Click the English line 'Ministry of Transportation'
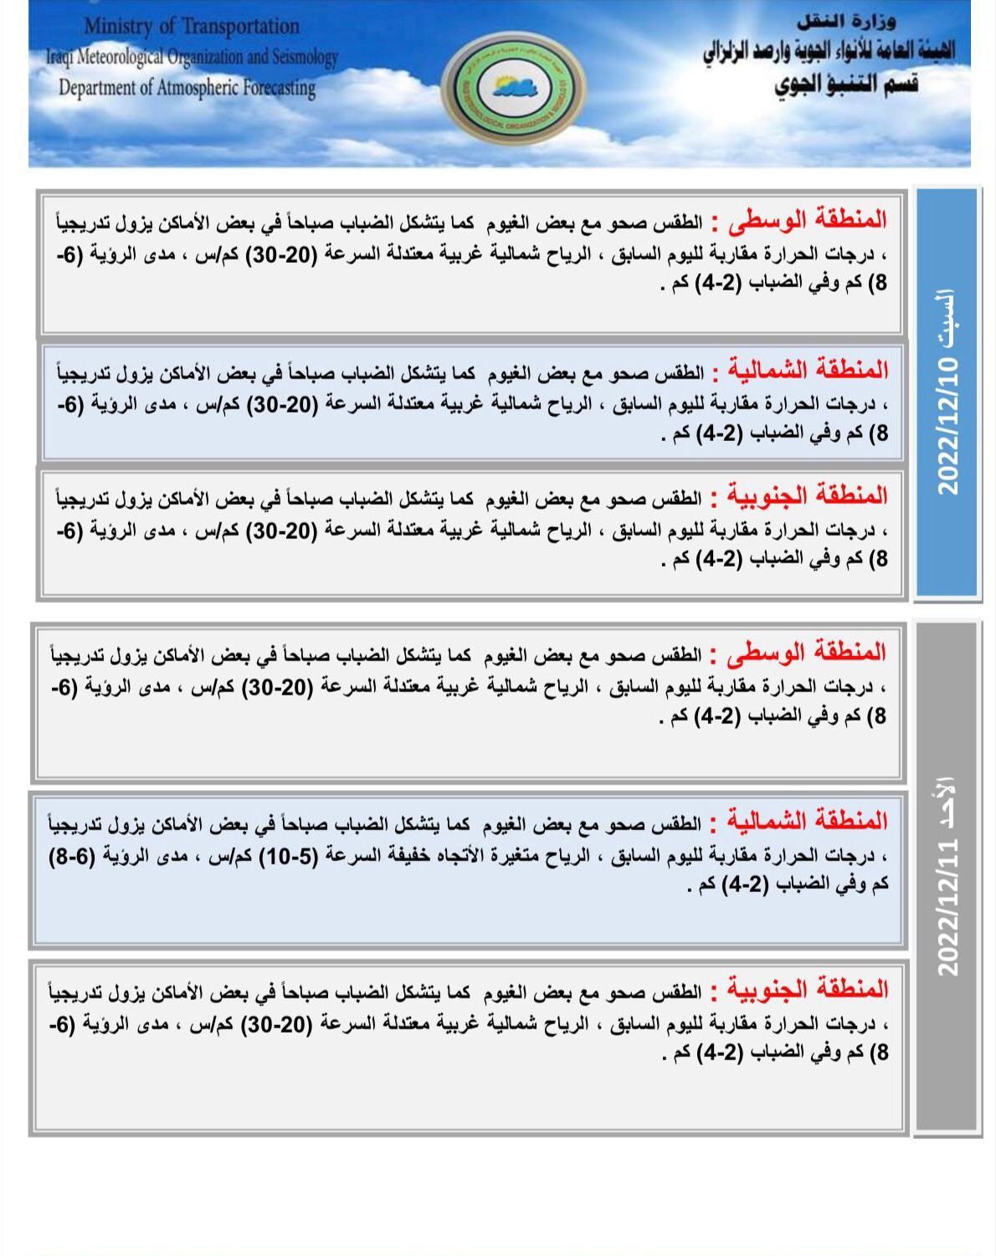(192, 27)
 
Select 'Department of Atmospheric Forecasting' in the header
(187, 88)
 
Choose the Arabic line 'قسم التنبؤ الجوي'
(845, 85)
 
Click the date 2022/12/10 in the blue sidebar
(947, 426)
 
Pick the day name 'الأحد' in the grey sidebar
(946, 802)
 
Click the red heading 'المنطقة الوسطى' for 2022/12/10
(807, 220)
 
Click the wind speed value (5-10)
(287, 855)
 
